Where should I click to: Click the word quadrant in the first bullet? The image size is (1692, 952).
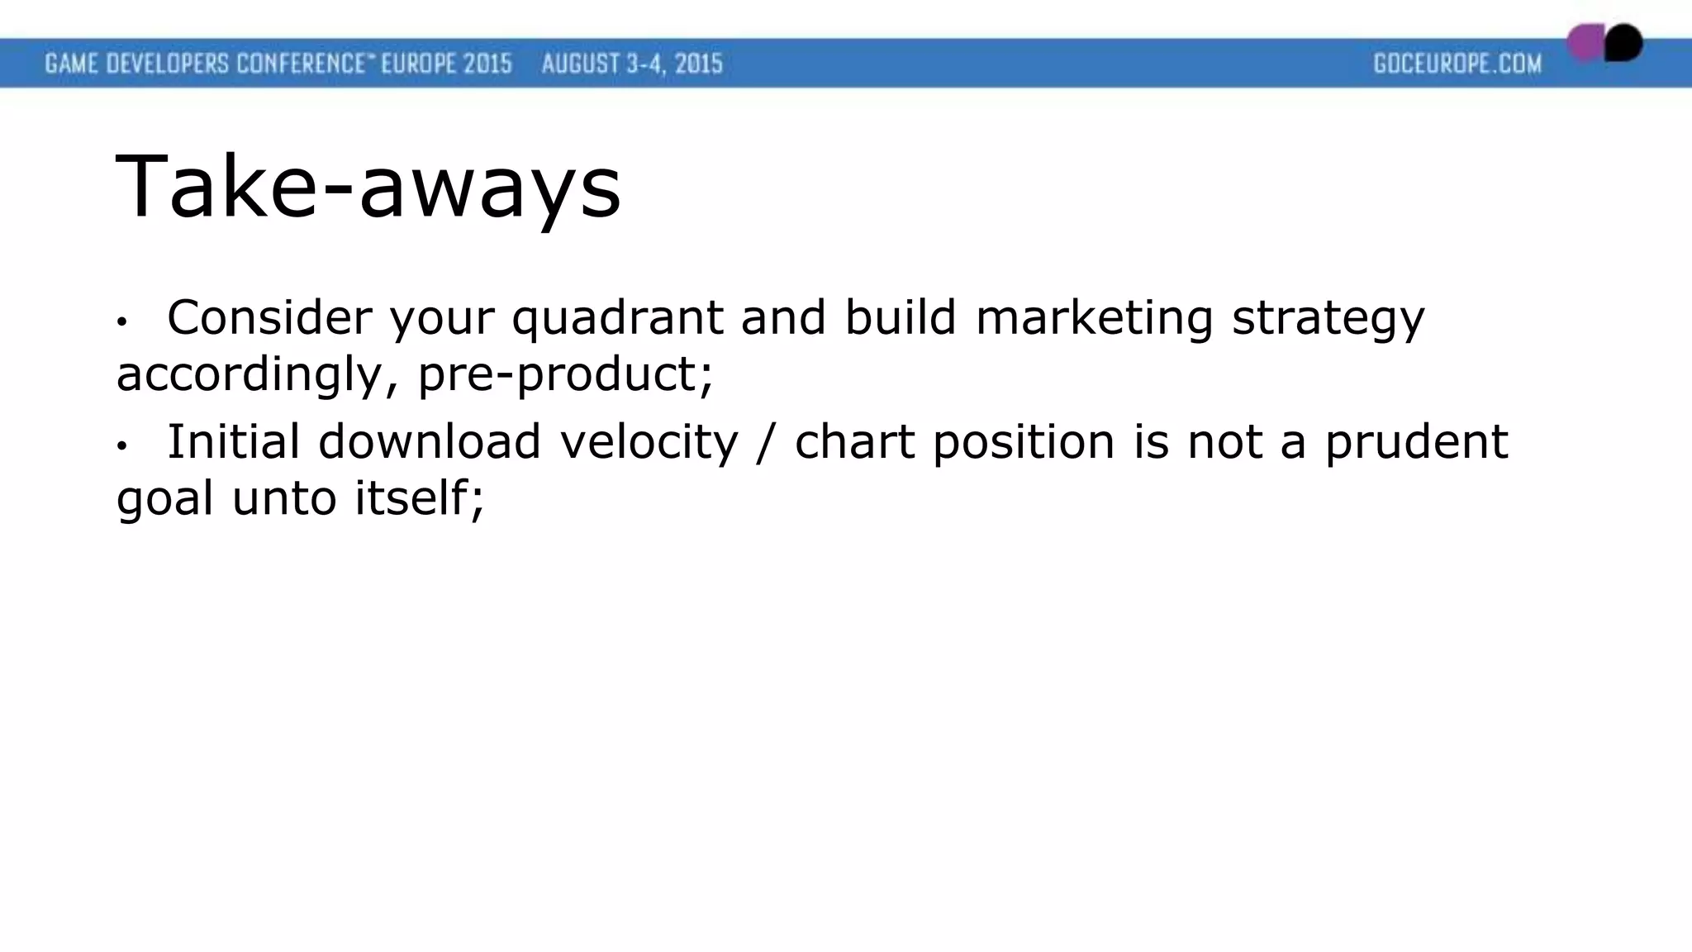(617, 318)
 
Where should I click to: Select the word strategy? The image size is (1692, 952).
(1328, 318)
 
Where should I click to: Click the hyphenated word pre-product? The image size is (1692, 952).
(564, 374)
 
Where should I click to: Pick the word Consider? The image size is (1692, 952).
(269, 317)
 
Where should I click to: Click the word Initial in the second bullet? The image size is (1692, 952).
(233, 441)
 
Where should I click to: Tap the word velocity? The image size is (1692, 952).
(649, 441)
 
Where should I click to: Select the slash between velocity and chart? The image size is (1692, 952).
(767, 441)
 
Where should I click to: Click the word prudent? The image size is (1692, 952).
(1416, 441)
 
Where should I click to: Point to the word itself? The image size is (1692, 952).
(418, 498)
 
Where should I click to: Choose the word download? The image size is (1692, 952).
(430, 441)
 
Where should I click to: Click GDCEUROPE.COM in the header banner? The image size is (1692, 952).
(1457, 64)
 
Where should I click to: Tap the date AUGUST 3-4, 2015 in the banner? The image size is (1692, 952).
(632, 64)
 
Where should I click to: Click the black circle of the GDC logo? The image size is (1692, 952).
(1624, 43)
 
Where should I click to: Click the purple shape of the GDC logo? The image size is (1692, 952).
(1584, 43)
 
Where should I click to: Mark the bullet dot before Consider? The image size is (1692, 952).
(121, 321)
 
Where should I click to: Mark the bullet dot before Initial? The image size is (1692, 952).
(121, 446)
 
